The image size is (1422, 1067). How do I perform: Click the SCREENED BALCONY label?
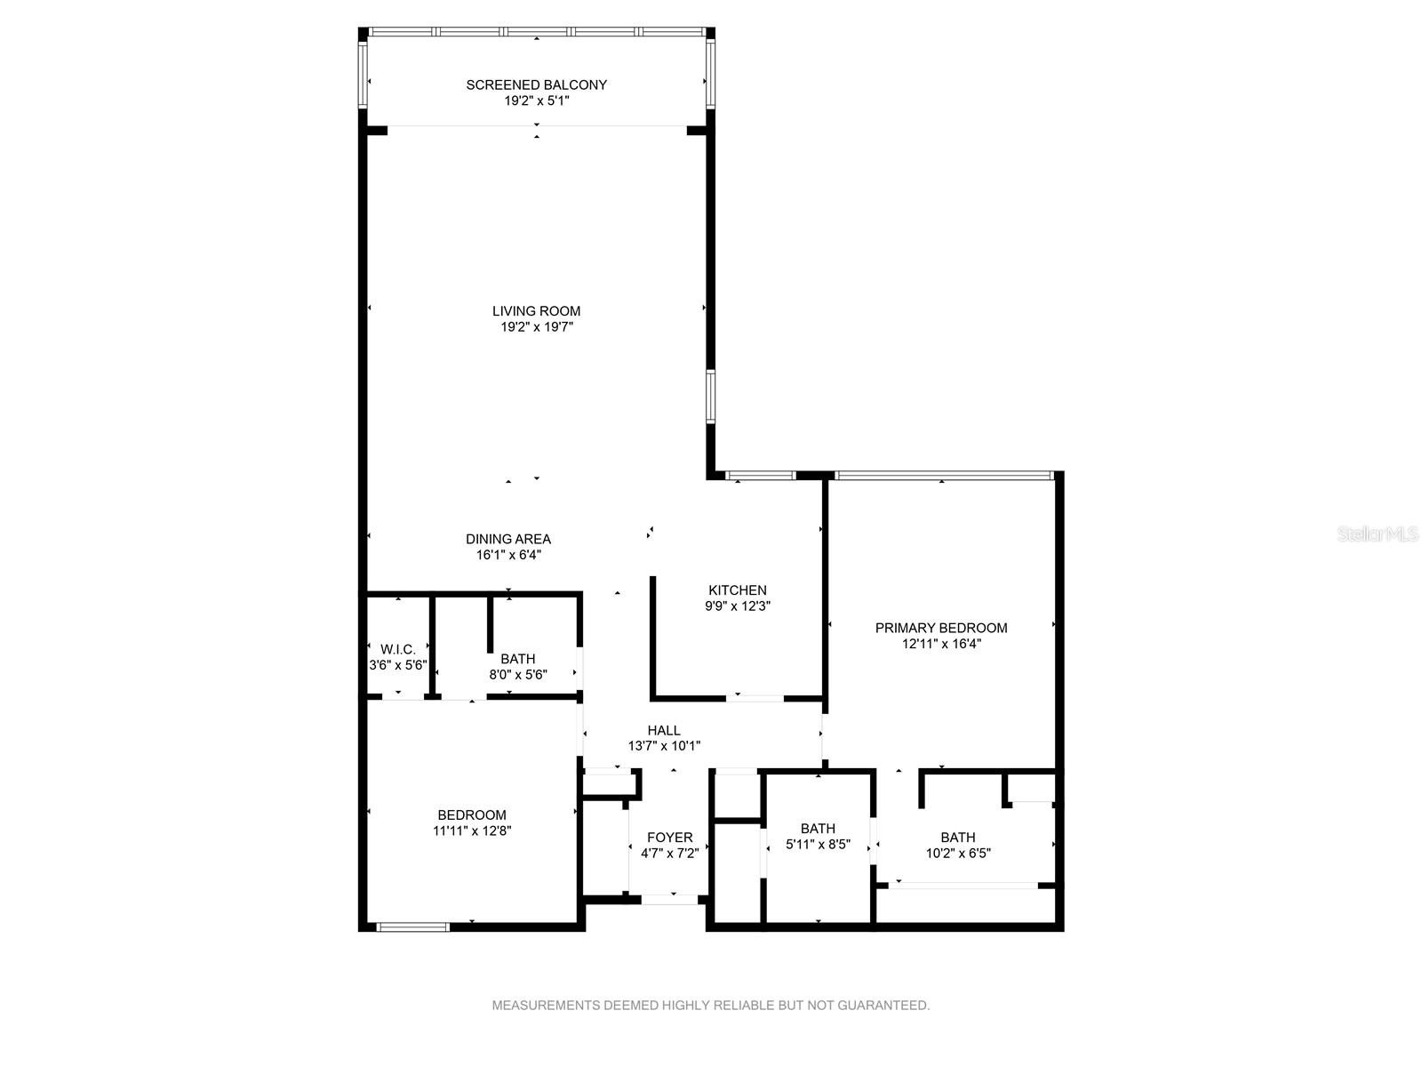pos(536,84)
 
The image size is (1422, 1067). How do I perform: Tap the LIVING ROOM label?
pos(536,311)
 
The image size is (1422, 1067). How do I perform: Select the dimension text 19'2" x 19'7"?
pos(537,326)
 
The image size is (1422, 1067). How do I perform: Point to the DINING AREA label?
pos(507,538)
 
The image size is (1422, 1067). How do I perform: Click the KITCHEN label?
pos(738,590)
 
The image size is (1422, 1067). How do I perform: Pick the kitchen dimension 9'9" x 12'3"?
pos(738,606)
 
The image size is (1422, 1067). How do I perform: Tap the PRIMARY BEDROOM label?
pos(940,628)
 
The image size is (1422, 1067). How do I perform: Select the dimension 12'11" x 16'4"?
pos(940,643)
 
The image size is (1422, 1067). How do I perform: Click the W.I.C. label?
pos(398,648)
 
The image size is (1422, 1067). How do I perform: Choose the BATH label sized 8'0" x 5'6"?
pos(517,659)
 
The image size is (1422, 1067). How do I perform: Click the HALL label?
pos(663,730)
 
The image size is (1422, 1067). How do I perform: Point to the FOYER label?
pos(669,838)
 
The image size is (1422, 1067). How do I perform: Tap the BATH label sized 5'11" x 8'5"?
pos(818,829)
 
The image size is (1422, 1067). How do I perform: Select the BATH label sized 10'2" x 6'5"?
pos(957,838)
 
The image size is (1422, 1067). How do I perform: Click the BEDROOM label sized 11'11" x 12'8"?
pos(472,815)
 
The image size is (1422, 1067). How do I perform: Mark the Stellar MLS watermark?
pos(1378,533)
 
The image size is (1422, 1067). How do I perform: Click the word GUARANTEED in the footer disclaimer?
pos(883,1005)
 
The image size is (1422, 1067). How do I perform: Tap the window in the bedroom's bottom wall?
pos(412,927)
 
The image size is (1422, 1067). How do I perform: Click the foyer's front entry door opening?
pos(670,900)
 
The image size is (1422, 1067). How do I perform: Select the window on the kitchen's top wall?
pos(760,476)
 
